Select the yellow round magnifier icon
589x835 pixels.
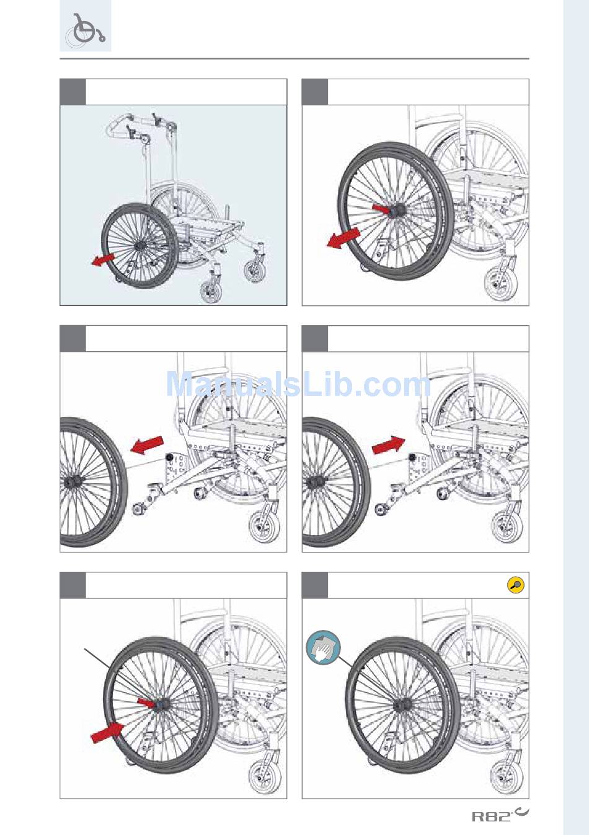coord(516,585)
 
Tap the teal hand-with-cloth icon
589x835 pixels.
coord(323,647)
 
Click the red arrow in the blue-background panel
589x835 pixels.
coord(102,260)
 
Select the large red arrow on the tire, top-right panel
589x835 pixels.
coord(343,238)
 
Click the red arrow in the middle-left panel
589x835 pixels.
coord(147,445)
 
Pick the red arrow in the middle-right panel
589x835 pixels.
coord(389,445)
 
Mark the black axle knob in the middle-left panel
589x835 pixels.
coord(170,457)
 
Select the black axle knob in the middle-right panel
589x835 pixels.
coord(412,457)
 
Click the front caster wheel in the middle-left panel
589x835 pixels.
coord(264,526)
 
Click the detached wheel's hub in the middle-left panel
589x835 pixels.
coord(71,483)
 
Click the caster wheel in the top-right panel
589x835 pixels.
coord(500,282)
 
